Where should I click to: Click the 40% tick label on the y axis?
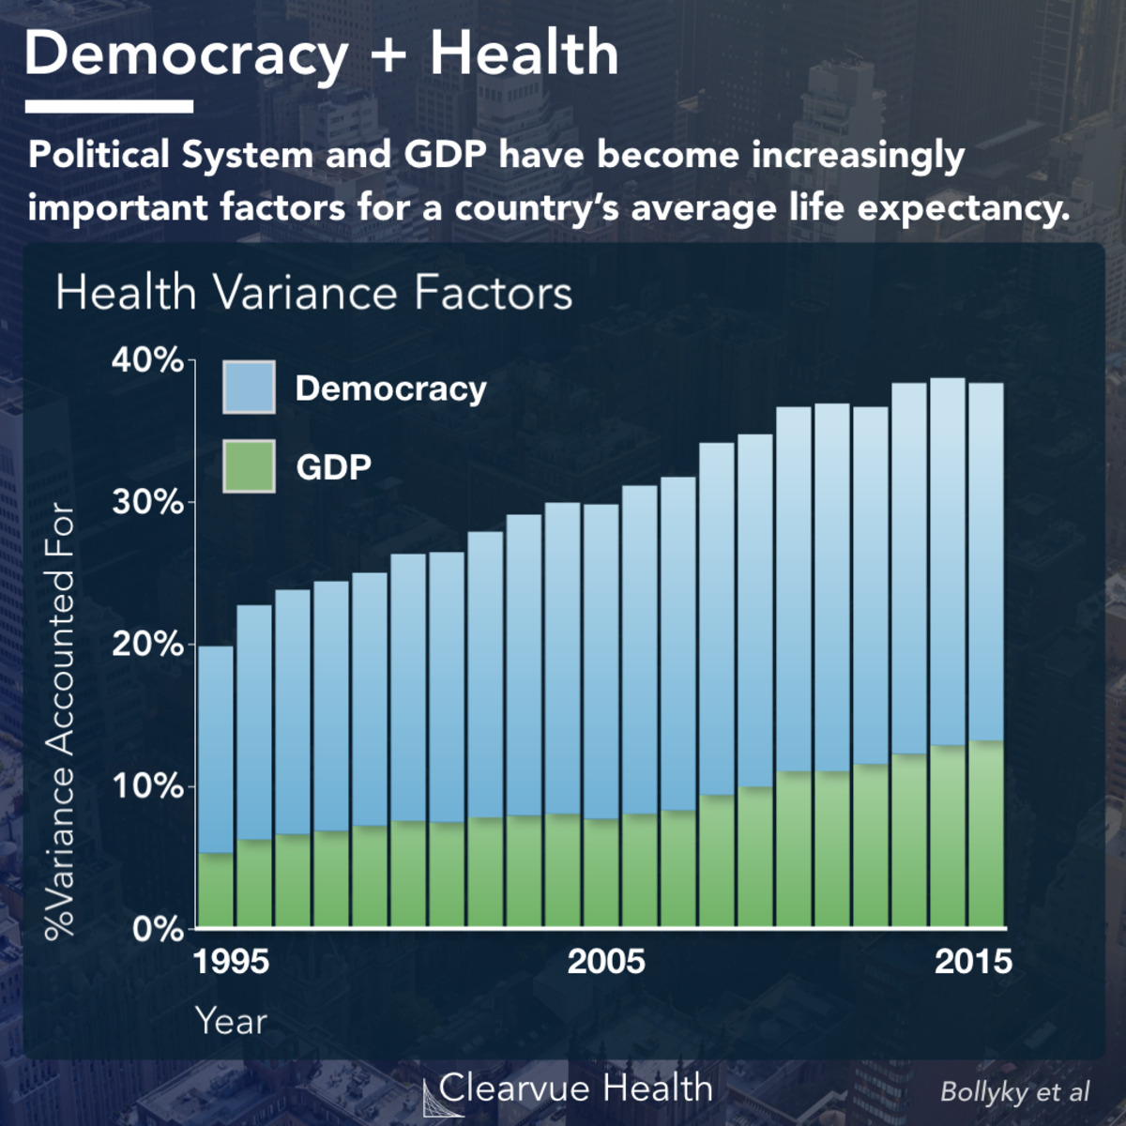[147, 360]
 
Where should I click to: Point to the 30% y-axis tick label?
[147, 503]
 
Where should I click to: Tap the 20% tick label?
[147, 645]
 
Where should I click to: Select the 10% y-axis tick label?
[147, 786]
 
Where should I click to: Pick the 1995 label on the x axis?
[231, 962]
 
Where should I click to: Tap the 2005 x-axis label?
[606, 962]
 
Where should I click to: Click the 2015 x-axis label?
[973, 962]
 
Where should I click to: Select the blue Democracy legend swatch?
[249, 388]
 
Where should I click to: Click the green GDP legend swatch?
[249, 466]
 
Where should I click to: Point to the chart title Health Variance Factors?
[313, 293]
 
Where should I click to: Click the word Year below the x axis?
[231, 1021]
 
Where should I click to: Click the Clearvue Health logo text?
[575, 1088]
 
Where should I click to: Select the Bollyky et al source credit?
[1014, 1091]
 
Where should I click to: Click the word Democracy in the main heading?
[187, 54]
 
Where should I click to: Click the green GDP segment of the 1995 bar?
[216, 890]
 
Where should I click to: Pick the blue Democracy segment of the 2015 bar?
[986, 563]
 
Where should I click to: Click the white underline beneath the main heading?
[109, 107]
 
